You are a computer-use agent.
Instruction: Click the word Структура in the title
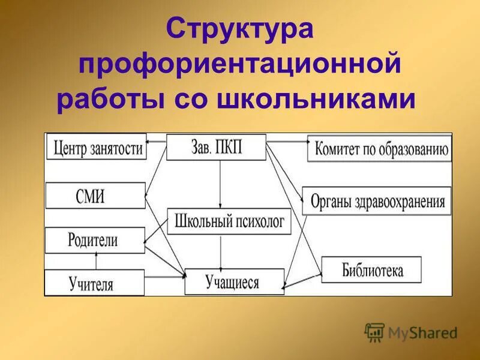coord(239,30)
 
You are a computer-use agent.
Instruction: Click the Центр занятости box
coord(97,147)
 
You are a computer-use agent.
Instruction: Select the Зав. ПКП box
coord(216,148)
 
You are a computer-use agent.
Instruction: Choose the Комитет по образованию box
coord(379,149)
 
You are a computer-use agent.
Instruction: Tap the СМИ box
coord(95,196)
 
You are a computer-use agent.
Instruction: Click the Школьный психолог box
coord(229,221)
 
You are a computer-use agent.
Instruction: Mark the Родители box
coord(95,241)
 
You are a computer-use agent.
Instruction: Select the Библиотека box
coord(371,269)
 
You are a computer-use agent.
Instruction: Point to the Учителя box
coord(95,283)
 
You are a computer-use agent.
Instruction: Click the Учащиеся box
coord(234,281)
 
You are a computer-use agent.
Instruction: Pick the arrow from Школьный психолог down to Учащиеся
coord(221,251)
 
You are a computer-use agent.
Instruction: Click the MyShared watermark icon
coord(374,332)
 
